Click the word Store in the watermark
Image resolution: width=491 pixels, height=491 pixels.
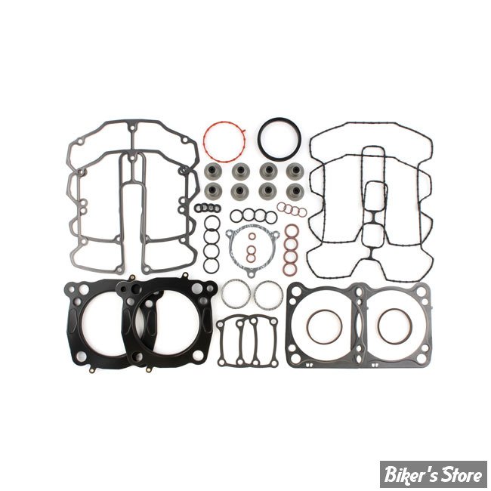pyautogui.click(x=462, y=474)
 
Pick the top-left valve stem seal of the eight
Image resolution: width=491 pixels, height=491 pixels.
pyautogui.click(x=213, y=171)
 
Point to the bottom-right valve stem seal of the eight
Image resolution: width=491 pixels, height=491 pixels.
pyautogui.click(x=295, y=190)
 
